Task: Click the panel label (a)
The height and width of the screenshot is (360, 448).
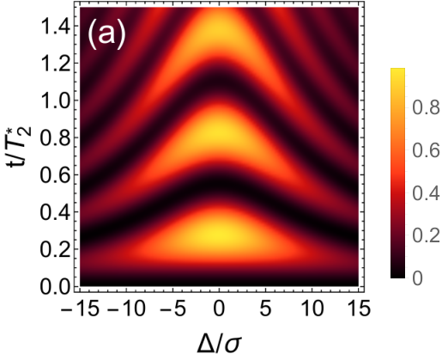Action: pyautogui.click(x=106, y=35)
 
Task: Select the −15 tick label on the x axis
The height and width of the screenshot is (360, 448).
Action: pyautogui.click(x=81, y=309)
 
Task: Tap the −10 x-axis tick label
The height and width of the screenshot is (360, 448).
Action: pyautogui.click(x=126, y=309)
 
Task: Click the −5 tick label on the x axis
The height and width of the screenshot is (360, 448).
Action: pyautogui.click(x=173, y=309)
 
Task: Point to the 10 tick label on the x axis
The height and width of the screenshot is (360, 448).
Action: pyautogui.click(x=312, y=309)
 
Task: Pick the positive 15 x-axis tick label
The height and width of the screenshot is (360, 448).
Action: pyautogui.click(x=358, y=309)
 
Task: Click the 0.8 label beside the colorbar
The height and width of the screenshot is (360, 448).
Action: pyautogui.click(x=426, y=108)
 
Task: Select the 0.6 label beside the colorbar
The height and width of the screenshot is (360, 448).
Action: pyautogui.click(x=426, y=150)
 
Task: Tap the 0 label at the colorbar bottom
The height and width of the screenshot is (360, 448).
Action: pyautogui.click(x=418, y=278)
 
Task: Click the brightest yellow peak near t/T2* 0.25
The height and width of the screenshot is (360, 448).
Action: pyautogui.click(x=219, y=235)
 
